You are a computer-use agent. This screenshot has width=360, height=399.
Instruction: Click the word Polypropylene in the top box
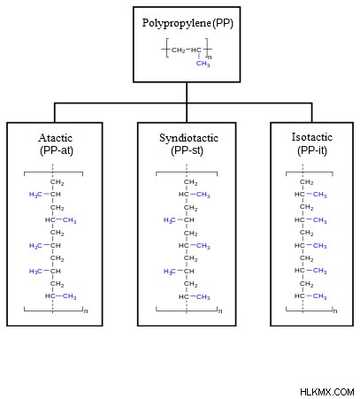(176, 23)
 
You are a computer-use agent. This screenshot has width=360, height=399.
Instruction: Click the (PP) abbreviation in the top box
(223, 23)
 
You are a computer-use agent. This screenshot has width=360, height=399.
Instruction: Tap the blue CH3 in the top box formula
(203, 64)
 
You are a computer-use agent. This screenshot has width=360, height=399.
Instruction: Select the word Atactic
(56, 138)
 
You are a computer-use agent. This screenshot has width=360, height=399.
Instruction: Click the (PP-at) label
(57, 150)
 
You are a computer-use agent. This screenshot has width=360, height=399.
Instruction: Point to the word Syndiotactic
(188, 138)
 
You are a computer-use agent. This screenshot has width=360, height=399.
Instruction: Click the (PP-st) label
(187, 150)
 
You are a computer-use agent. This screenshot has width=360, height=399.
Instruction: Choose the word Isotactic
(312, 137)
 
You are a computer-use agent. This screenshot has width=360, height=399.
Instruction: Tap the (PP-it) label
(312, 150)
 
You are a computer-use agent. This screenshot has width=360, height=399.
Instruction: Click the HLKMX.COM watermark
(327, 392)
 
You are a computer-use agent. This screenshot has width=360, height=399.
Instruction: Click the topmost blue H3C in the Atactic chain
(35, 195)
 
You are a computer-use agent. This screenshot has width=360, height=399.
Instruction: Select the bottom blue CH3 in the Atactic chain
(69, 296)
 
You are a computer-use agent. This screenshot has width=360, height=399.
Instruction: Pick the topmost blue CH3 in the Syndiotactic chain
(203, 195)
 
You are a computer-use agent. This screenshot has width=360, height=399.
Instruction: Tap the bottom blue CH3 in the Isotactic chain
(320, 296)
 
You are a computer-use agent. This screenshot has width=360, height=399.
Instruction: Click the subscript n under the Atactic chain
(86, 311)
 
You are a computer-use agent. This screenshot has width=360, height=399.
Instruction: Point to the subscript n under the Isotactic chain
(335, 311)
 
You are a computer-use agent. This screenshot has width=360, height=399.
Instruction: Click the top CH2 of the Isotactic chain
(307, 182)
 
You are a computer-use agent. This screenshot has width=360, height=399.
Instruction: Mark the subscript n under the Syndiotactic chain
(220, 311)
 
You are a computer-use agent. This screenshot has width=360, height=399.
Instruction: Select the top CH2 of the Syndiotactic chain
(191, 182)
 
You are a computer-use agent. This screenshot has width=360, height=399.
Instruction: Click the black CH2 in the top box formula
(179, 50)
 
